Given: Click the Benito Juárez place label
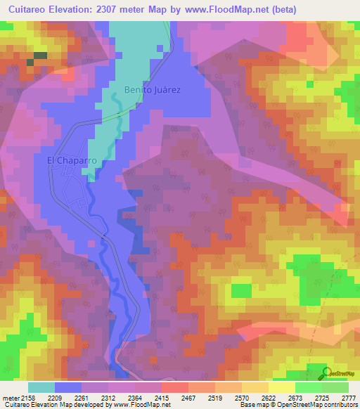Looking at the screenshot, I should click(153, 90).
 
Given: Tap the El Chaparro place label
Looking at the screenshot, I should click(71, 160).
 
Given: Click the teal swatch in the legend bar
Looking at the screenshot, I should click(41, 387).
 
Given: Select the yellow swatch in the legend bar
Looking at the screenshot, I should click(281, 387).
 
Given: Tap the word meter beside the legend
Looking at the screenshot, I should click(9, 398).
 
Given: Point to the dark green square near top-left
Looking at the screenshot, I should click(40, 55).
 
